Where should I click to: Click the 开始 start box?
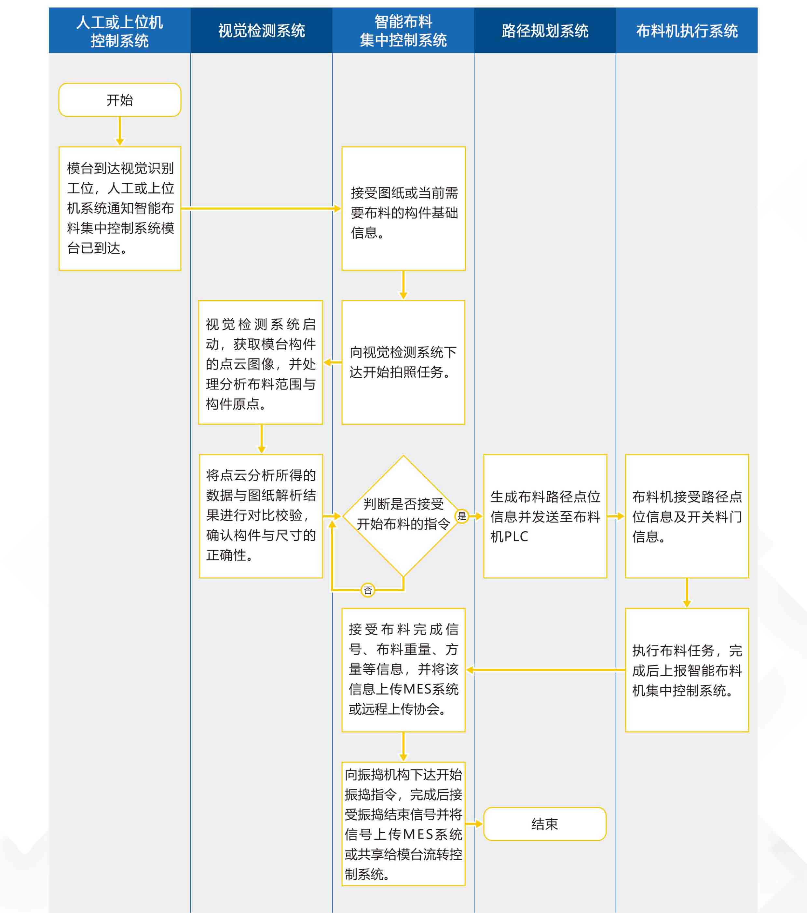[x=120, y=100]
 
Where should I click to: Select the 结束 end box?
[x=544, y=824]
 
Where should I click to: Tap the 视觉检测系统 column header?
[x=261, y=30]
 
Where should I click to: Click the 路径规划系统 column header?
[x=544, y=30]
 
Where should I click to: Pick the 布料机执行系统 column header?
[x=687, y=30]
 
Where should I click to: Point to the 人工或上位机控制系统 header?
[x=120, y=30]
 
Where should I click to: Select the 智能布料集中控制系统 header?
[x=403, y=30]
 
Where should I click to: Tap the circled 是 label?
[x=461, y=516]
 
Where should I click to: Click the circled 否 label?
[x=367, y=590]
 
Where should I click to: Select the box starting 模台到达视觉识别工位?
[x=120, y=208]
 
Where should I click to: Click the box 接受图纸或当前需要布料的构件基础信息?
[x=403, y=208]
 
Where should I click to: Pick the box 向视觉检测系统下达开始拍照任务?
[x=403, y=362]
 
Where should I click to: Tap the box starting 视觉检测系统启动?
[x=261, y=362]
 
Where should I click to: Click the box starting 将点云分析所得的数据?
[x=261, y=515]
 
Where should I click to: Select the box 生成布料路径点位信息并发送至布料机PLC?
[x=544, y=515]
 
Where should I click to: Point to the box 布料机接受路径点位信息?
[x=687, y=515]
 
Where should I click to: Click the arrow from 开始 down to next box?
[x=120, y=131]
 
